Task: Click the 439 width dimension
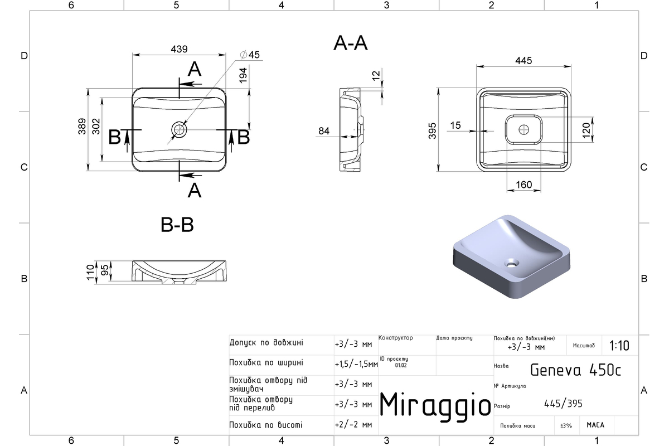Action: tap(179, 49)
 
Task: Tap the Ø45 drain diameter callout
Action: tap(250, 55)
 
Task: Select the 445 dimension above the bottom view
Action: tap(523, 61)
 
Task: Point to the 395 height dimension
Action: tap(432, 131)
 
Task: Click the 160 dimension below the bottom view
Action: tap(523, 185)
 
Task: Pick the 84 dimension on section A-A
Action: tap(324, 131)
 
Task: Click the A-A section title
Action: tap(350, 43)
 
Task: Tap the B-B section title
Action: tap(177, 225)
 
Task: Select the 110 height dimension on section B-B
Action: tap(90, 273)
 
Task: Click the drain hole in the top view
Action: tap(179, 130)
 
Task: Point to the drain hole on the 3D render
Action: tap(512, 264)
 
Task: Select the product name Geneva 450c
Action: tap(575, 370)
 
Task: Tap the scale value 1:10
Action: tap(619, 346)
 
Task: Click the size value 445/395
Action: tap(563, 404)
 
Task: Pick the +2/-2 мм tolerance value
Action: tap(353, 425)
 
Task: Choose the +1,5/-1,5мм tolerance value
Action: tap(356, 364)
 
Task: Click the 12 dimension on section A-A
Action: tap(376, 75)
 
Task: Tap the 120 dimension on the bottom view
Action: tap(586, 130)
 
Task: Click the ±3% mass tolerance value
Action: tap(566, 425)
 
